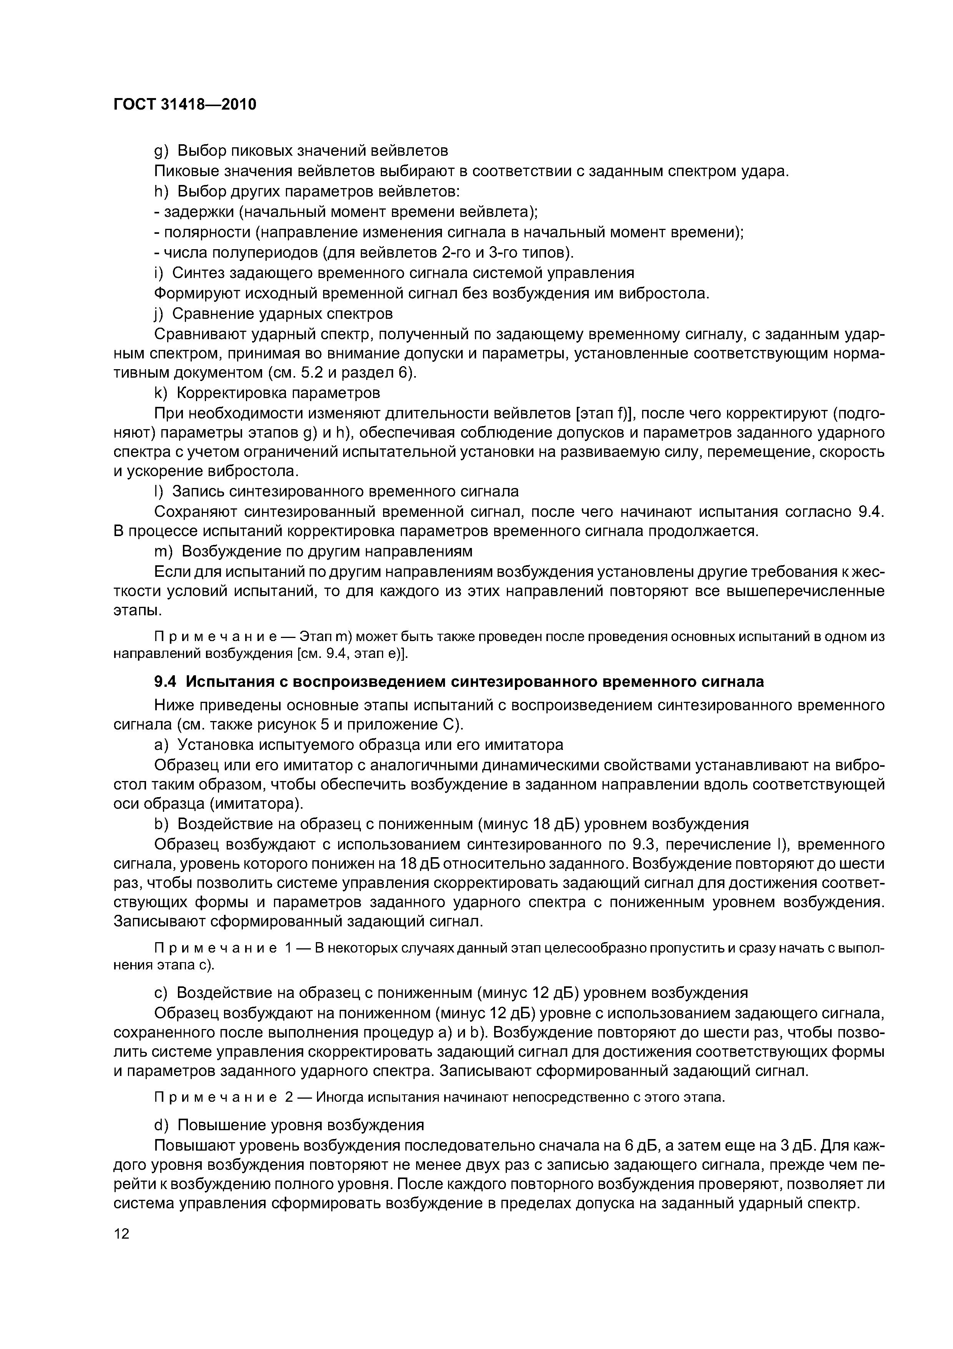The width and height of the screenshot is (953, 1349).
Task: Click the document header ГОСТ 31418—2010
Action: click(185, 105)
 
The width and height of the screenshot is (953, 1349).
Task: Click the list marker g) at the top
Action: click(161, 151)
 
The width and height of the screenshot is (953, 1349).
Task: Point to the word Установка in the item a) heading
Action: click(215, 744)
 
